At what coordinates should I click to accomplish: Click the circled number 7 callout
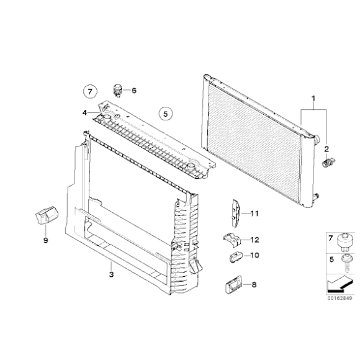click(x=90, y=92)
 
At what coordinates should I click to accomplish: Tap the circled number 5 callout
click(x=166, y=114)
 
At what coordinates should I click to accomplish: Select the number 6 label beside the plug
click(x=134, y=91)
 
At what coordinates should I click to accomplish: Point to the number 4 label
click(x=84, y=113)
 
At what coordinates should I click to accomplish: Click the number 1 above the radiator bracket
click(x=313, y=99)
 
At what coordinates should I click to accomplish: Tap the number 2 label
click(x=326, y=149)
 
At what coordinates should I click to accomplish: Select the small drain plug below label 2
click(x=328, y=162)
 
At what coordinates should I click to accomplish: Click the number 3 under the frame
click(x=111, y=274)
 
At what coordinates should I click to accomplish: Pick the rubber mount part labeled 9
click(x=47, y=215)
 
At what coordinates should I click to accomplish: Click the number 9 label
click(x=46, y=240)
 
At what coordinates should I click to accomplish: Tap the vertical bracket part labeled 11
click(x=236, y=214)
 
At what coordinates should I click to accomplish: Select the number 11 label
click(x=254, y=214)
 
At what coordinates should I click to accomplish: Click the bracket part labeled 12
click(x=232, y=240)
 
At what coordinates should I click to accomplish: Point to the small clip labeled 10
click(x=236, y=257)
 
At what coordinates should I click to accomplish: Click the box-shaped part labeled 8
click(x=233, y=285)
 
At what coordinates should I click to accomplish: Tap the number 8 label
click(x=254, y=285)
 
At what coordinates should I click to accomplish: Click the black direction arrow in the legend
click(x=340, y=284)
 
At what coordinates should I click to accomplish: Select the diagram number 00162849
click(x=340, y=298)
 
